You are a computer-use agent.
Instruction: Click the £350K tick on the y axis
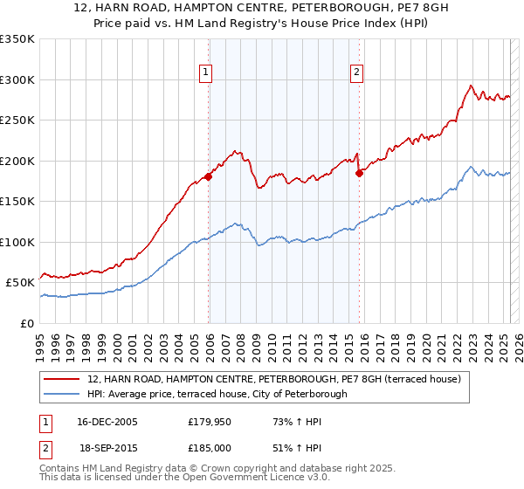[x=17, y=39]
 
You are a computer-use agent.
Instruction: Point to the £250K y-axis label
[x=17, y=121]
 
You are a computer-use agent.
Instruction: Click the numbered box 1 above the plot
[x=205, y=72]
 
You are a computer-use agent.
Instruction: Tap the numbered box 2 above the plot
[x=357, y=72]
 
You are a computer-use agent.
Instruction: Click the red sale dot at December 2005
[x=209, y=177]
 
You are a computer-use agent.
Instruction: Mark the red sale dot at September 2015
[x=359, y=173]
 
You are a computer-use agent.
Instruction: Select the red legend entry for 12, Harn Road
[x=279, y=379]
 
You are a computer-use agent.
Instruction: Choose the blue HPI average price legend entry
[x=217, y=394]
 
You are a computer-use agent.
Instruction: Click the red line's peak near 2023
[x=471, y=86]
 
